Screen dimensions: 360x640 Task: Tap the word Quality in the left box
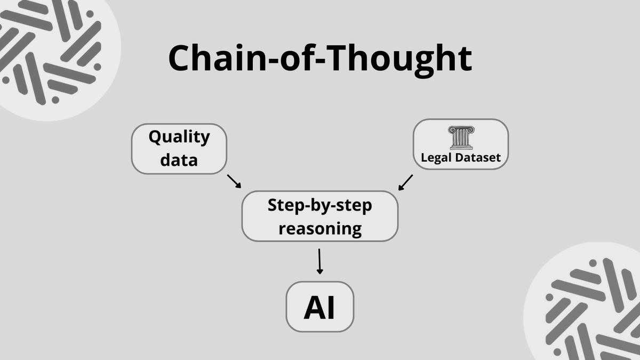179,137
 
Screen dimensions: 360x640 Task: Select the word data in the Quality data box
179,159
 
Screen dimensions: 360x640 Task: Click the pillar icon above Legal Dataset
461,138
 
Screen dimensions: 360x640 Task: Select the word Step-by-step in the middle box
319,205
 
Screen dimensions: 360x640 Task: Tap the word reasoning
319,229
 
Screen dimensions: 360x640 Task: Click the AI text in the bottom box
320,308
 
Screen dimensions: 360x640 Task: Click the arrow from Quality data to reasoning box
234,181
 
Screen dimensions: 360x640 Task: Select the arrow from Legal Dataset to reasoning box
406,181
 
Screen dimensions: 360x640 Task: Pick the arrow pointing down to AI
319,261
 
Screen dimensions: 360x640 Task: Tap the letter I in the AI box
331,308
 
